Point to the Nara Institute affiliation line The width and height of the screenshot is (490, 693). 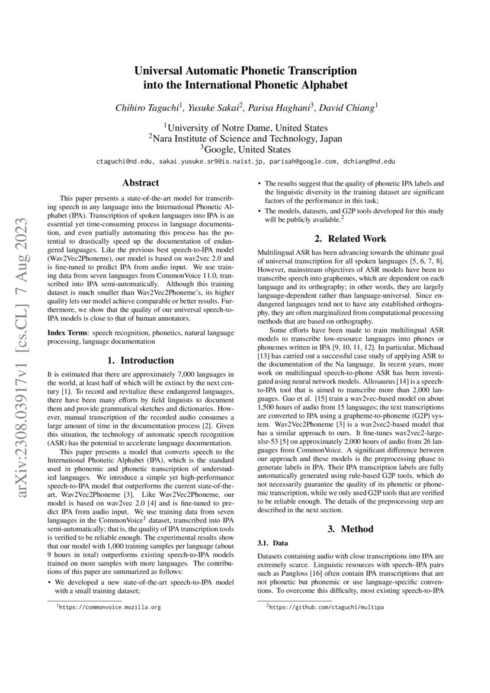pyautogui.click(x=245, y=138)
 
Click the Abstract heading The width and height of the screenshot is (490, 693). pyautogui.click(x=140, y=183)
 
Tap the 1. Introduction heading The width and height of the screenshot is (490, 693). pyautogui.click(x=140, y=360)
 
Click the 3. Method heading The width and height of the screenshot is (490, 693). pyautogui.click(x=350, y=528)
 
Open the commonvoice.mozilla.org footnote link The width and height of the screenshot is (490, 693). pyautogui.click(x=110, y=608)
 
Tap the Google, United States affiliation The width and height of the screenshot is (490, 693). pyautogui.click(x=245, y=149)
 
